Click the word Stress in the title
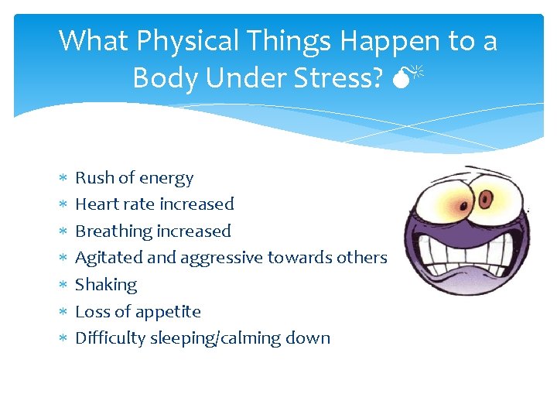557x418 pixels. point(340,77)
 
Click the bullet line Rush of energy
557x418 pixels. point(134,178)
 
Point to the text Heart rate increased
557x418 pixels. point(154,204)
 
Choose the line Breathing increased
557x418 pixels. point(152,231)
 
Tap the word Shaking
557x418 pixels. point(105,285)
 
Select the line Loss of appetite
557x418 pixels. point(138,312)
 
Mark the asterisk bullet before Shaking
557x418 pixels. point(63,285)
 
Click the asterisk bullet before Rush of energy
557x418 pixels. point(63,178)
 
